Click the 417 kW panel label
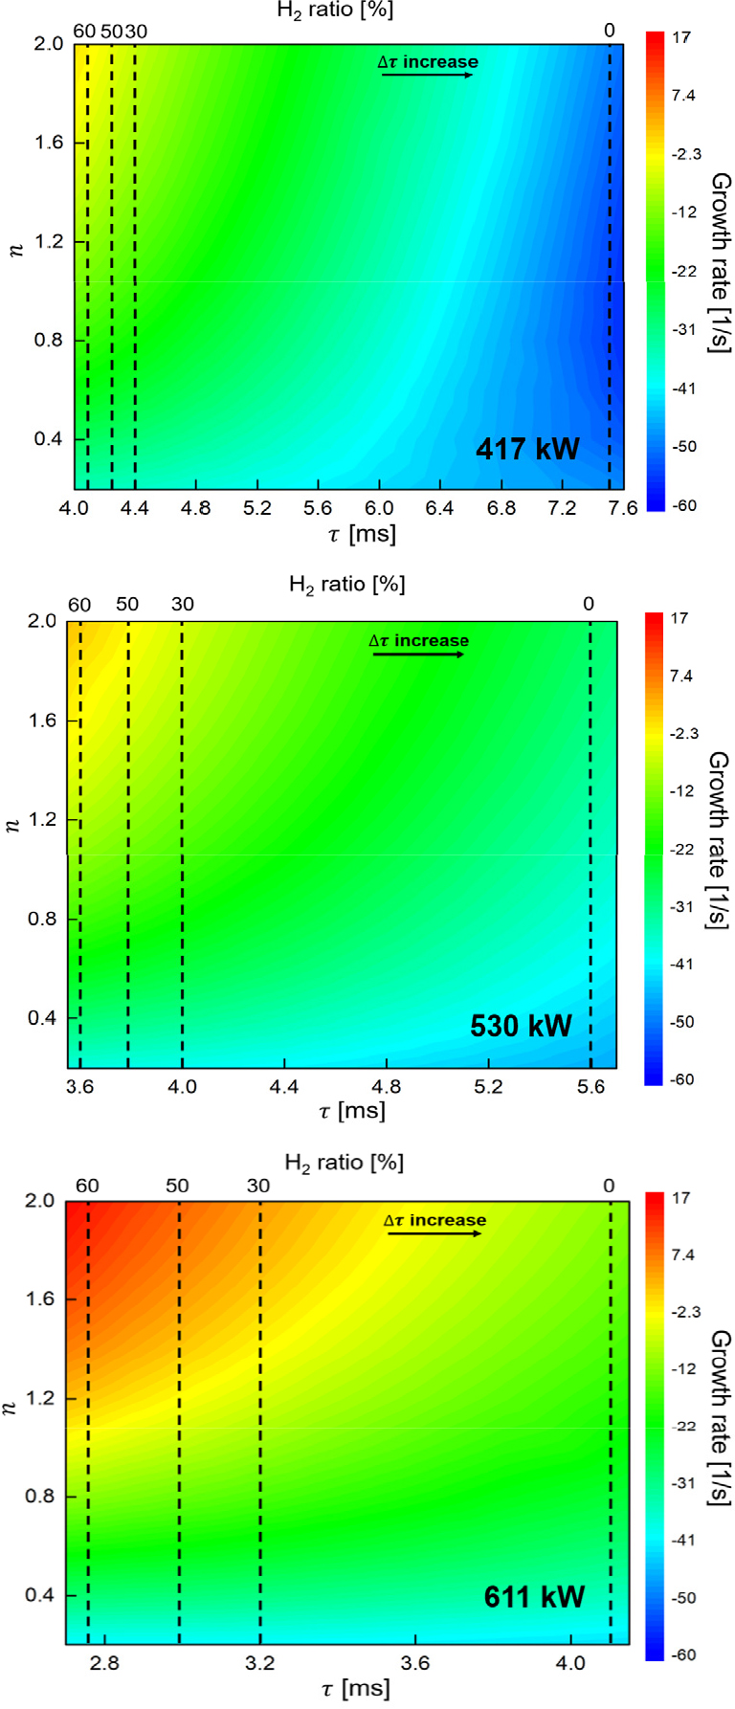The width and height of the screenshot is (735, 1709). pyautogui.click(x=527, y=449)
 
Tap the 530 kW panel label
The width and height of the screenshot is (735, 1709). pyautogui.click(x=521, y=1026)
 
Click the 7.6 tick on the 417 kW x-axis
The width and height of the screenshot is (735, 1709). pyautogui.click(x=623, y=508)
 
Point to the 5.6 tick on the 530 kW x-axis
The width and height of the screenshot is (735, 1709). pyautogui.click(x=590, y=1086)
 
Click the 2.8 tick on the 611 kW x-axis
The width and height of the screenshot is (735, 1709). pyautogui.click(x=105, y=1663)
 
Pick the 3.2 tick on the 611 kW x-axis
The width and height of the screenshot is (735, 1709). pyautogui.click(x=259, y=1663)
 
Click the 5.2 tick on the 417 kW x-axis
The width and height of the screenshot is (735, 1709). pyautogui.click(x=257, y=508)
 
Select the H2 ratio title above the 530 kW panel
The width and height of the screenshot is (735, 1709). pyautogui.click(x=346, y=584)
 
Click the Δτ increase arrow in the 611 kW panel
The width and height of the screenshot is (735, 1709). pyautogui.click(x=434, y=1233)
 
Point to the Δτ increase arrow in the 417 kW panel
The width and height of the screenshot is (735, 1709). pyautogui.click(x=427, y=74)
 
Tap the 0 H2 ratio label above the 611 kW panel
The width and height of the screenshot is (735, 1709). pyautogui.click(x=610, y=1187)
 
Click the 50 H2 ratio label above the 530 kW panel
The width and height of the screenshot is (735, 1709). pyautogui.click(x=127, y=605)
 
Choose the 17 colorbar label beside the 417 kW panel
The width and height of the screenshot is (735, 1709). pyautogui.click(x=682, y=37)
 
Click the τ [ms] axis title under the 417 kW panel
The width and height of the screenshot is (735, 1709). pyautogui.click(x=360, y=534)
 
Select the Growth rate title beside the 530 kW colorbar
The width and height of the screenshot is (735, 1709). pyautogui.click(x=717, y=839)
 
